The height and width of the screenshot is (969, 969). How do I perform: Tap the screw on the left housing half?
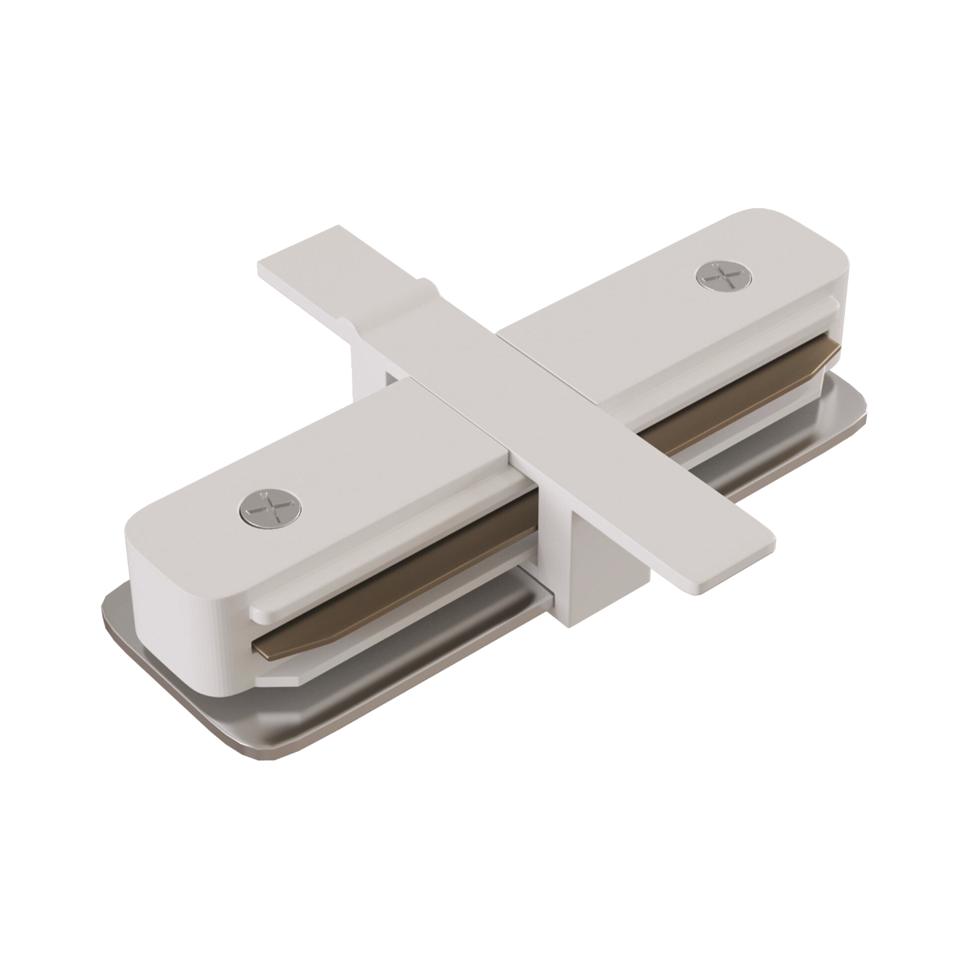click(x=271, y=503)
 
